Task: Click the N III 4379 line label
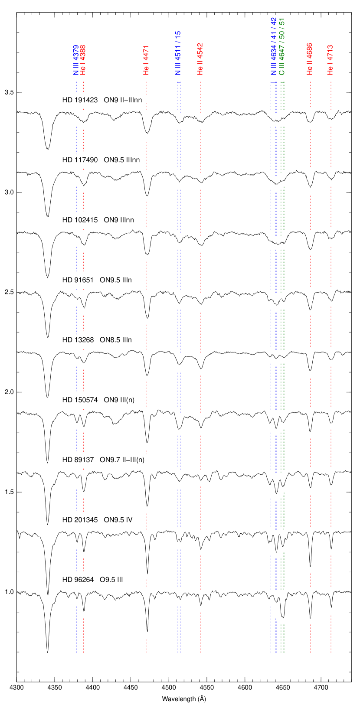[76, 60]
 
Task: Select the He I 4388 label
[83, 60]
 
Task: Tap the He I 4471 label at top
[146, 60]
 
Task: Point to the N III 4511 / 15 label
[178, 53]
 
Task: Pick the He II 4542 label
[200, 59]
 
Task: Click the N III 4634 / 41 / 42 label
[273, 46]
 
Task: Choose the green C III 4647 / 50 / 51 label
[282, 46]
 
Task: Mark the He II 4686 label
[310, 59]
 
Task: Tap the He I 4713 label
[331, 60]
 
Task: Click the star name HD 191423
[80, 100]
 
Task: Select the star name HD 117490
[80, 160]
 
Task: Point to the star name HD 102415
[80, 220]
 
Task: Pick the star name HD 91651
[78, 280]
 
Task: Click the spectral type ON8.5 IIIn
[116, 340]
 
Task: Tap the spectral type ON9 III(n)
[119, 400]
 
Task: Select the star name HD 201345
[80, 520]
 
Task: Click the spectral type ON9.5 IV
[118, 520]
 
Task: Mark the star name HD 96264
[78, 580]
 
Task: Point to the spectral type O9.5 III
[111, 580]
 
